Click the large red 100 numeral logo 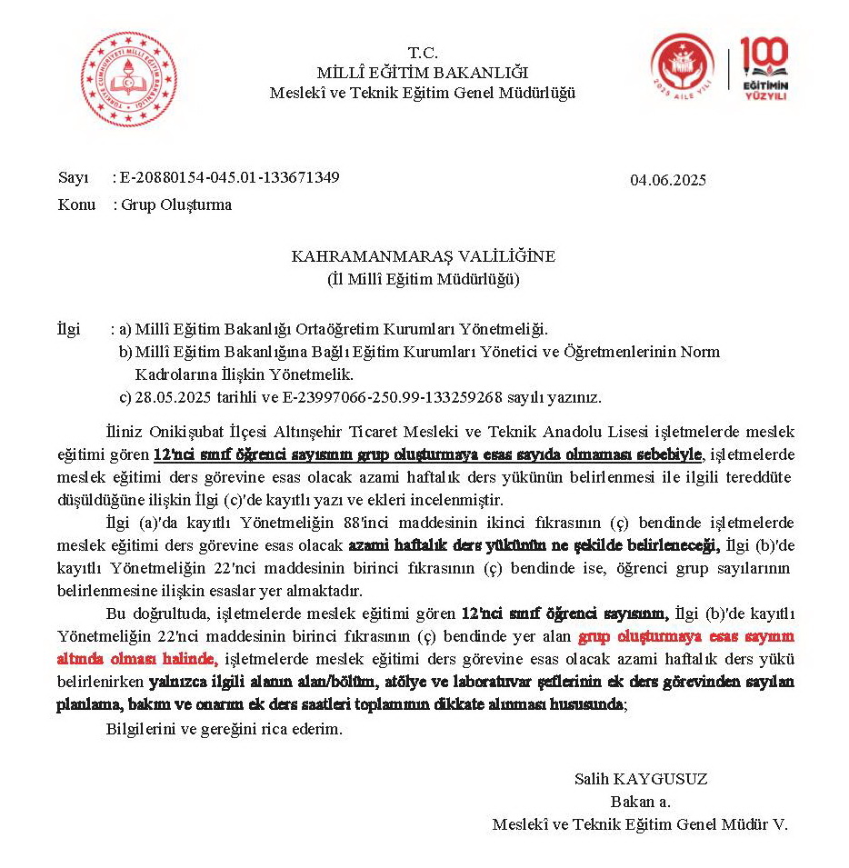[x=764, y=56]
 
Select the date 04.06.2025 [x=668, y=180]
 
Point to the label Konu [x=76, y=205]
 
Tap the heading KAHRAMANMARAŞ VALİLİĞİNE [x=423, y=256]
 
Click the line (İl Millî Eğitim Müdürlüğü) [x=423, y=279]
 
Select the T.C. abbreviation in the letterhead [x=423, y=52]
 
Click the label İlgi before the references [x=68, y=328]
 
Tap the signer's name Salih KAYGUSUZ [x=641, y=779]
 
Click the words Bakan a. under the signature [x=641, y=802]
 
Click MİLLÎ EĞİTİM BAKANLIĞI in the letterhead [x=423, y=72]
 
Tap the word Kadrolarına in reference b [x=175, y=374]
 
